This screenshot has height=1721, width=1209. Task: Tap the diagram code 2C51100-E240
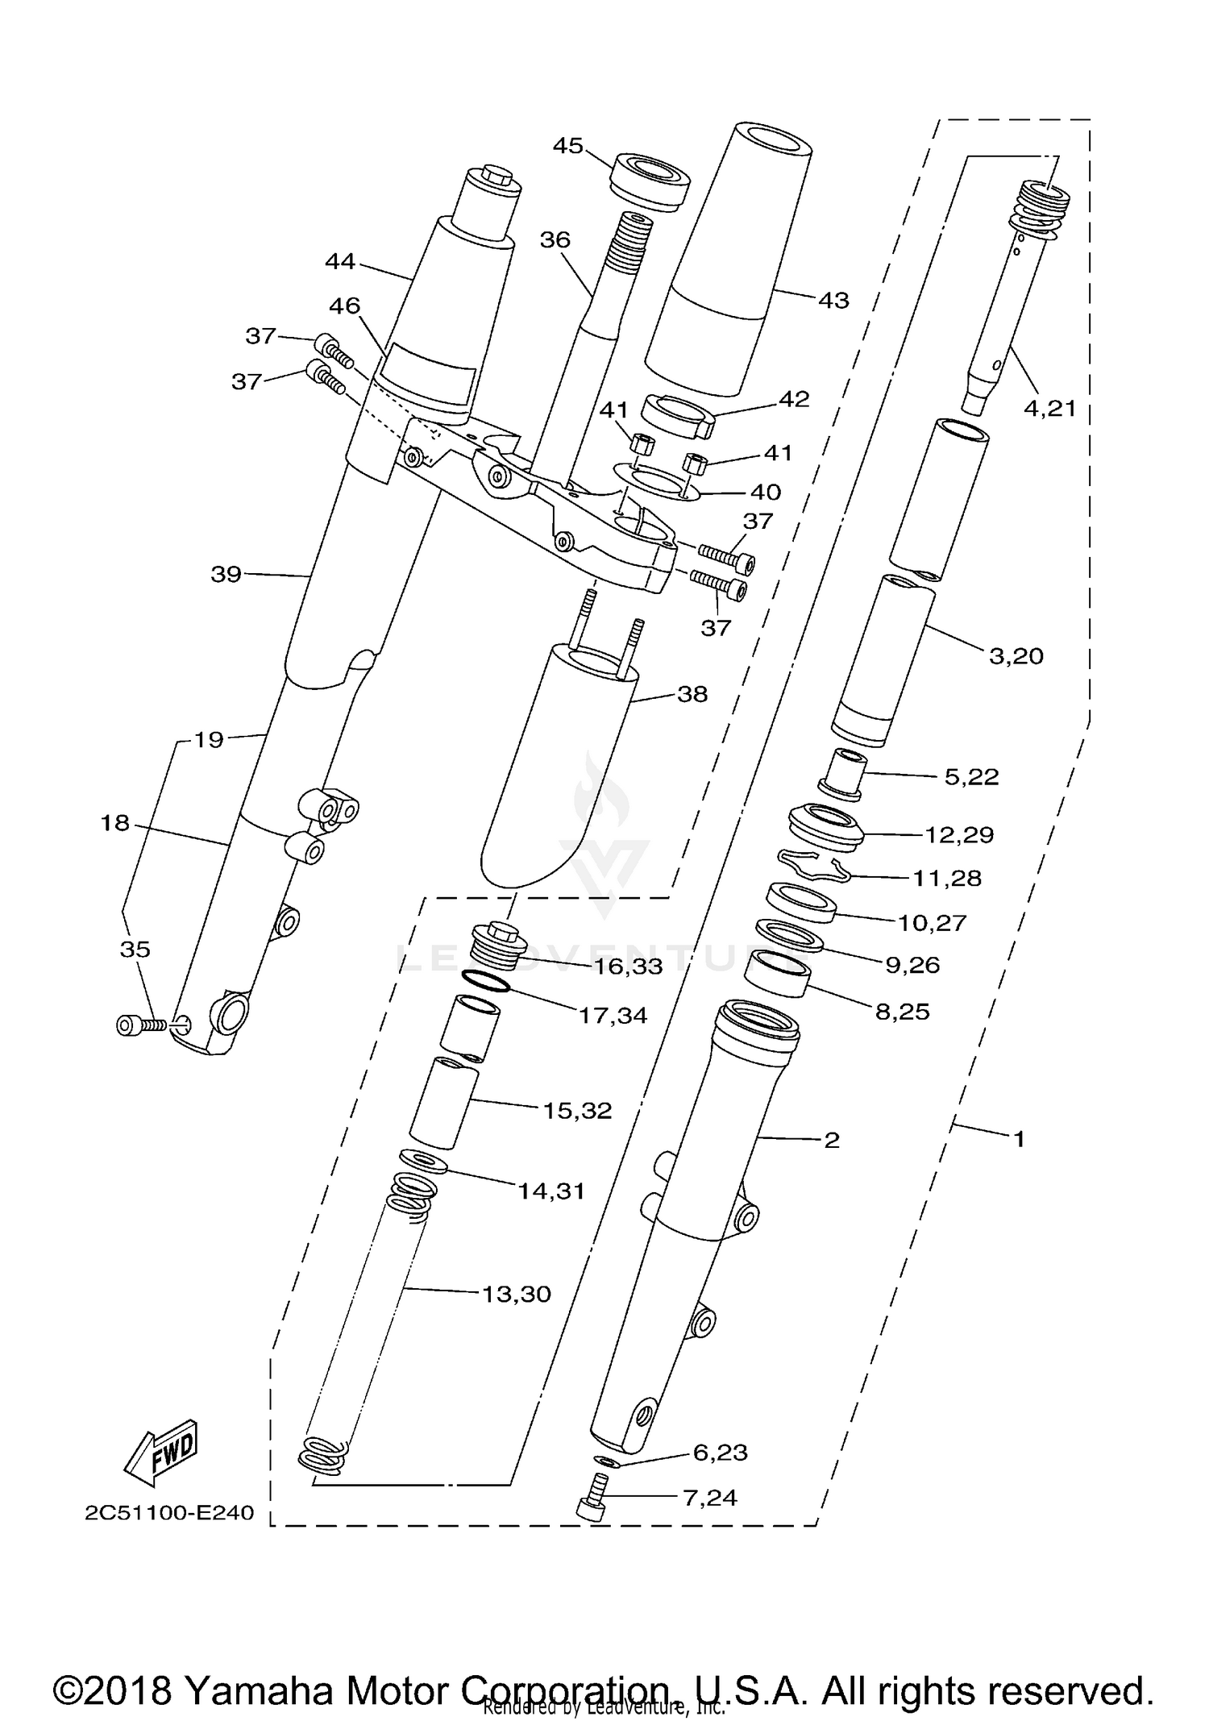click(169, 1512)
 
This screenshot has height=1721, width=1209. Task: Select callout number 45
click(567, 146)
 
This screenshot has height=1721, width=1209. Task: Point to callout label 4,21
click(1049, 409)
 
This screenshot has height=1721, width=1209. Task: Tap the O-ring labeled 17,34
click(487, 983)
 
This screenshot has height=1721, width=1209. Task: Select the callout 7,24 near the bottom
click(709, 1497)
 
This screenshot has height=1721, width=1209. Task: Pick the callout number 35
click(135, 950)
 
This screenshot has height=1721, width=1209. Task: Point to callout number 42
click(793, 399)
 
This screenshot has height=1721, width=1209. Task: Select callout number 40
click(765, 492)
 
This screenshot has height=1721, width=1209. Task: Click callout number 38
click(692, 693)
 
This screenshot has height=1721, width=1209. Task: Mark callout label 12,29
click(958, 834)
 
